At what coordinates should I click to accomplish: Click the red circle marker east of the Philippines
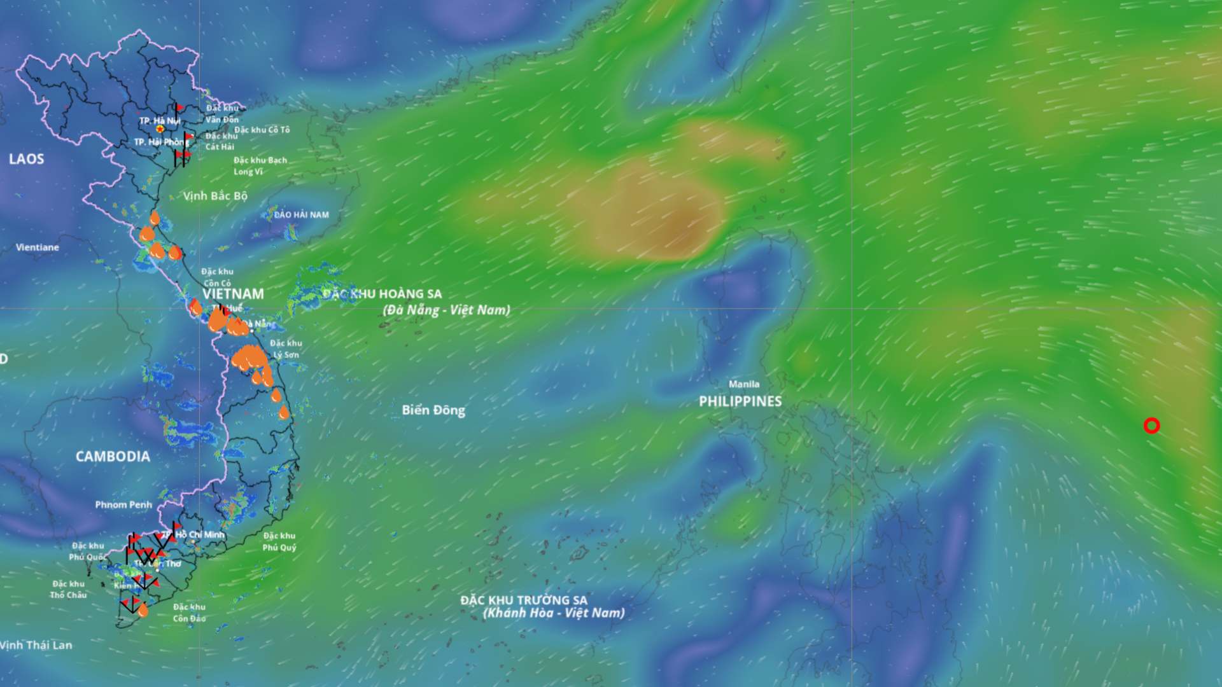tap(1151, 426)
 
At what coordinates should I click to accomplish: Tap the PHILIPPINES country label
tap(740, 401)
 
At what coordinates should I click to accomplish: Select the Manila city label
tap(744, 384)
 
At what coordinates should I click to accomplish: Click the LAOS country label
tap(27, 159)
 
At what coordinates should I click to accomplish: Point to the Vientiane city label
tap(38, 247)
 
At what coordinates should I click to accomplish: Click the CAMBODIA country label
tap(113, 457)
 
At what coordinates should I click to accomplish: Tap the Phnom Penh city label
tap(123, 505)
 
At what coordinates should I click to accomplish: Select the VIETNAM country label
tap(233, 294)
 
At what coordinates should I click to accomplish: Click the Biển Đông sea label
tap(433, 410)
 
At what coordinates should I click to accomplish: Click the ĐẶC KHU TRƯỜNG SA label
tap(524, 600)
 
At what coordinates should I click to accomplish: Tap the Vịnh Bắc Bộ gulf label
tap(215, 196)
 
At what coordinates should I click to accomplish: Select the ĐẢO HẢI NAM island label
tap(301, 215)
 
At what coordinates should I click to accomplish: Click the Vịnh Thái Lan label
tap(36, 645)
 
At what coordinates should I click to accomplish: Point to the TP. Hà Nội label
tap(160, 120)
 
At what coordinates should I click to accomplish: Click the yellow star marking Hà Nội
tap(160, 129)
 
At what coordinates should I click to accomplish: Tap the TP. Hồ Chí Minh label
tap(194, 535)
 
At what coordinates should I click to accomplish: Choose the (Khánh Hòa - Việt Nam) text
tap(554, 613)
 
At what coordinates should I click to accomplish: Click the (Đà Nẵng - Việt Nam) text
tap(446, 310)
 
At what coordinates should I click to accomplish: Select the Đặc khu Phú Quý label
tap(279, 541)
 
